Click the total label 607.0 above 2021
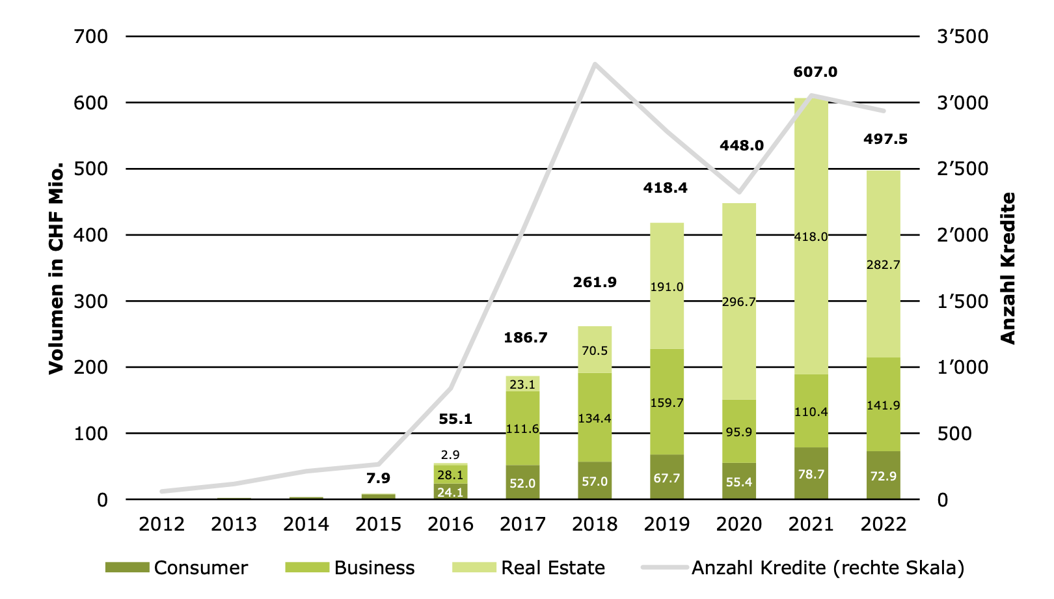(815, 72)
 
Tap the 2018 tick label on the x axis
(595, 524)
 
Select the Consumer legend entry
(176, 568)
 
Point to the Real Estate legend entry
(528, 568)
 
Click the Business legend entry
(350, 568)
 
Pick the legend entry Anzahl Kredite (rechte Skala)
(803, 568)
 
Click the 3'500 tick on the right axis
(963, 36)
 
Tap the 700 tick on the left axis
(91, 36)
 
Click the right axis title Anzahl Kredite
(1008, 268)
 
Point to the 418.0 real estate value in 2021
(811, 236)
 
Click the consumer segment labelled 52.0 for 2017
(522, 482)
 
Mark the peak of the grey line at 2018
(595, 64)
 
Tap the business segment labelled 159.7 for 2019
(667, 402)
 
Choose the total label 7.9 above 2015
(378, 479)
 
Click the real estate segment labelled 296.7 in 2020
(739, 301)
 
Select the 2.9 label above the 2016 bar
(450, 455)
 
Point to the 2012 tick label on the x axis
(161, 524)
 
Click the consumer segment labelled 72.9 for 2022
(884, 475)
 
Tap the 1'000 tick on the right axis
(963, 367)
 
